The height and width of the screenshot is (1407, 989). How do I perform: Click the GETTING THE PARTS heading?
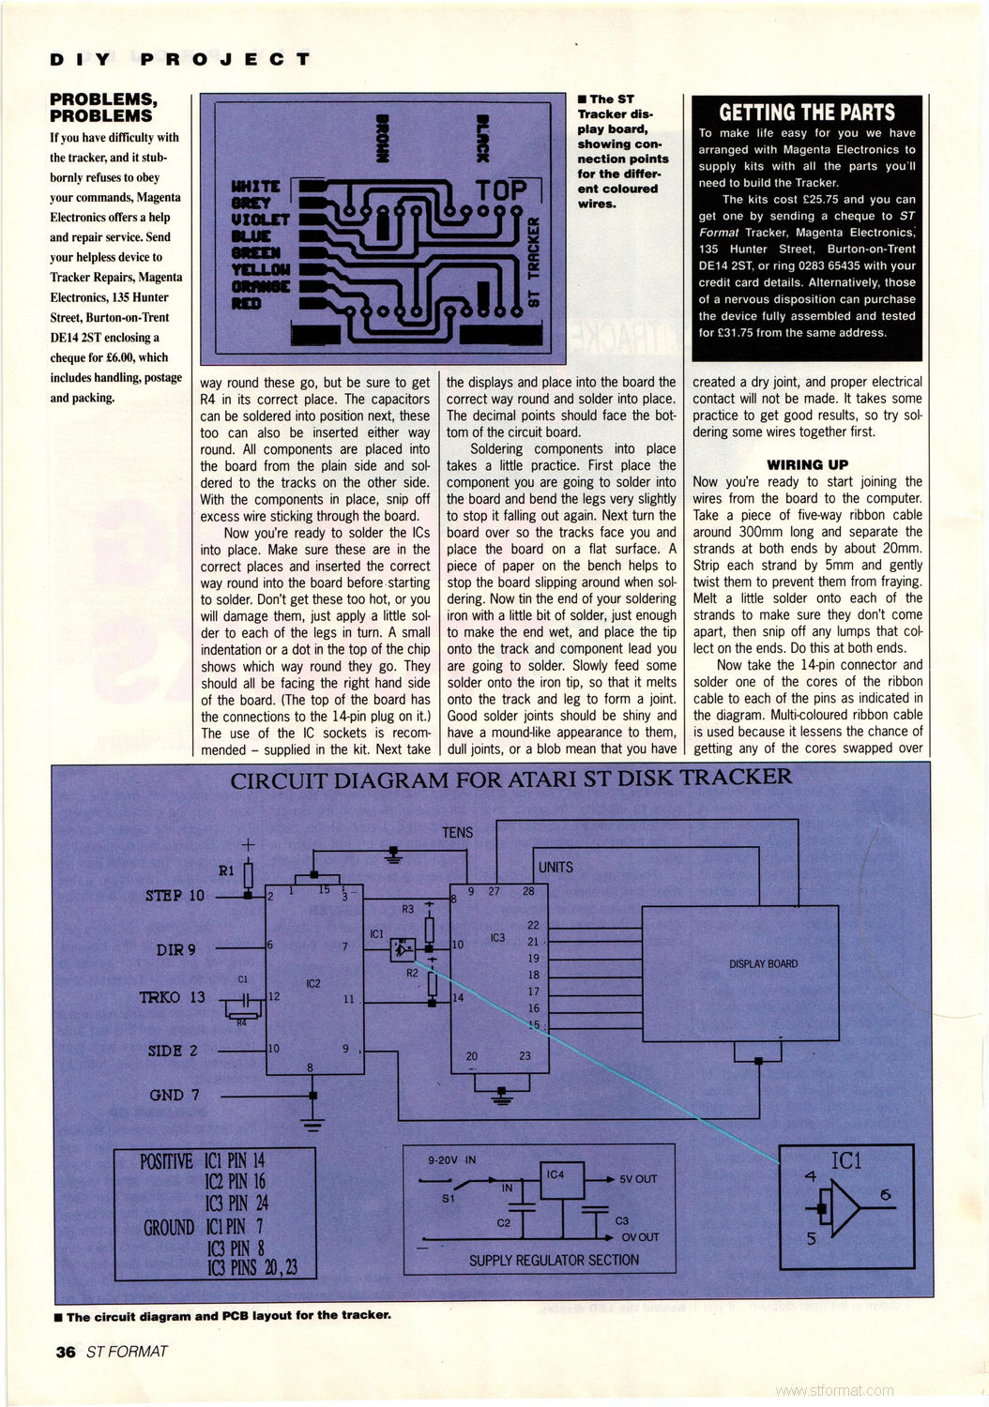pyautogui.click(x=807, y=113)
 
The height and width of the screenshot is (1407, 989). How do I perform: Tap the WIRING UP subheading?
pyautogui.click(x=807, y=464)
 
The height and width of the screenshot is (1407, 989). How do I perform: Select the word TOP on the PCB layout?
pyautogui.click(x=501, y=191)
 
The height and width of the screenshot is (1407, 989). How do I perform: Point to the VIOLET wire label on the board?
pyautogui.click(x=260, y=219)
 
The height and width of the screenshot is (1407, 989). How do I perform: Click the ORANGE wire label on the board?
pyautogui.click(x=261, y=287)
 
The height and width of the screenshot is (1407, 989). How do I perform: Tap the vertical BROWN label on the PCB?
pyautogui.click(x=382, y=139)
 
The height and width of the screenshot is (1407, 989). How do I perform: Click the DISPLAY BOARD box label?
pyautogui.click(x=763, y=964)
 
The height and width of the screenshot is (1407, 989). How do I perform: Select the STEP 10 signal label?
pyautogui.click(x=175, y=896)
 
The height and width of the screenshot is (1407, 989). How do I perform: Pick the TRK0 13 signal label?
pyautogui.click(x=172, y=997)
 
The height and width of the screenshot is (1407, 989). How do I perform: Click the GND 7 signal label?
pyautogui.click(x=175, y=1095)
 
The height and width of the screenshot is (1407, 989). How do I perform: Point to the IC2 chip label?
pyautogui.click(x=313, y=984)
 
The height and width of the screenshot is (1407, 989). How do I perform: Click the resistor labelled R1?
pyautogui.click(x=248, y=874)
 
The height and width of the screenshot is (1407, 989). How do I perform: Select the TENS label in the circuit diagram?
pyautogui.click(x=457, y=833)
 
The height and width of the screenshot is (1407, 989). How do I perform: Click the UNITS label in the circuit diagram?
pyautogui.click(x=555, y=868)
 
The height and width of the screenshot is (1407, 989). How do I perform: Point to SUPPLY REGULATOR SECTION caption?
pyautogui.click(x=554, y=1261)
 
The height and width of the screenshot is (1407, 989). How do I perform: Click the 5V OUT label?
pyautogui.click(x=638, y=1179)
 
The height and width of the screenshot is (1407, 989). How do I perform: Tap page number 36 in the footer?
pyautogui.click(x=65, y=1352)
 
